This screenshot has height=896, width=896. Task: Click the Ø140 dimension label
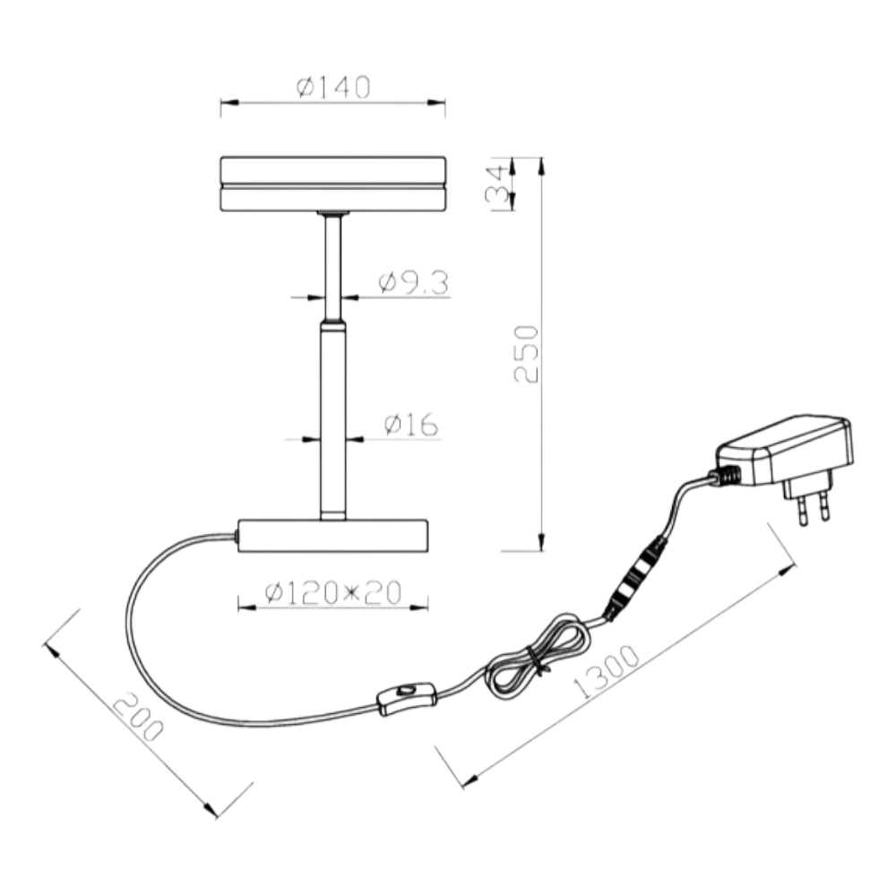(333, 87)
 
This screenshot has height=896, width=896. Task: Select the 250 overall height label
(526, 354)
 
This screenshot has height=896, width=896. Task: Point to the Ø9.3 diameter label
(414, 283)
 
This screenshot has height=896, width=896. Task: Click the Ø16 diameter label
(411, 425)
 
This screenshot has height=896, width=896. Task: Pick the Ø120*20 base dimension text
(333, 593)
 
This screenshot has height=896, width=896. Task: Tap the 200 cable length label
(138, 717)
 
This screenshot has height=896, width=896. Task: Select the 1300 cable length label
(606, 671)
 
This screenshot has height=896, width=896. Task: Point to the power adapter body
(786, 451)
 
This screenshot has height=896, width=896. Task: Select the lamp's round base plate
(333, 536)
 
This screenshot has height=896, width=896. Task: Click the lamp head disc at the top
(333, 184)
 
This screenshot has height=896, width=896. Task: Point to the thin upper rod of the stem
(333, 267)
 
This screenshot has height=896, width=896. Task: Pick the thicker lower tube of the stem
(333, 420)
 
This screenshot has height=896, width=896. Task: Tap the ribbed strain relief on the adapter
(725, 476)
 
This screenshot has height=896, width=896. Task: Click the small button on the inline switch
(406, 691)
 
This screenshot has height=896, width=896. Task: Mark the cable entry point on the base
(236, 536)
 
